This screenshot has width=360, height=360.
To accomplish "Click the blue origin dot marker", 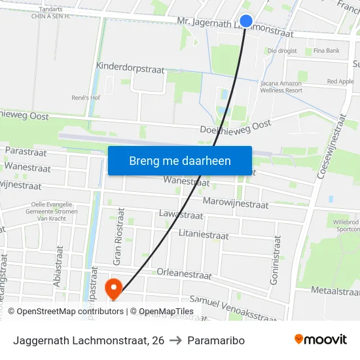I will (246, 22).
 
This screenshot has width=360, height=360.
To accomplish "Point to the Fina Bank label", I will (326, 50).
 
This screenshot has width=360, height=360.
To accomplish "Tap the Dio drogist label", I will (282, 50).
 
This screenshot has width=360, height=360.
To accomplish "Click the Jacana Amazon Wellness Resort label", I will (282, 87).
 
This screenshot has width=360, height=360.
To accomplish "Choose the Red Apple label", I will (340, 82).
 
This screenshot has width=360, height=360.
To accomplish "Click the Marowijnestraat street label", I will (236, 204).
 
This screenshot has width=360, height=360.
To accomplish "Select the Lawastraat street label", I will (181, 215).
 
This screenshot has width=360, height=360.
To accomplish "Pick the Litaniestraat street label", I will (203, 234).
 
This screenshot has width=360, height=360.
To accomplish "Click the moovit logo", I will (321, 340).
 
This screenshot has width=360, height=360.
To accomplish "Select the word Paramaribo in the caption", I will (215, 340).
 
